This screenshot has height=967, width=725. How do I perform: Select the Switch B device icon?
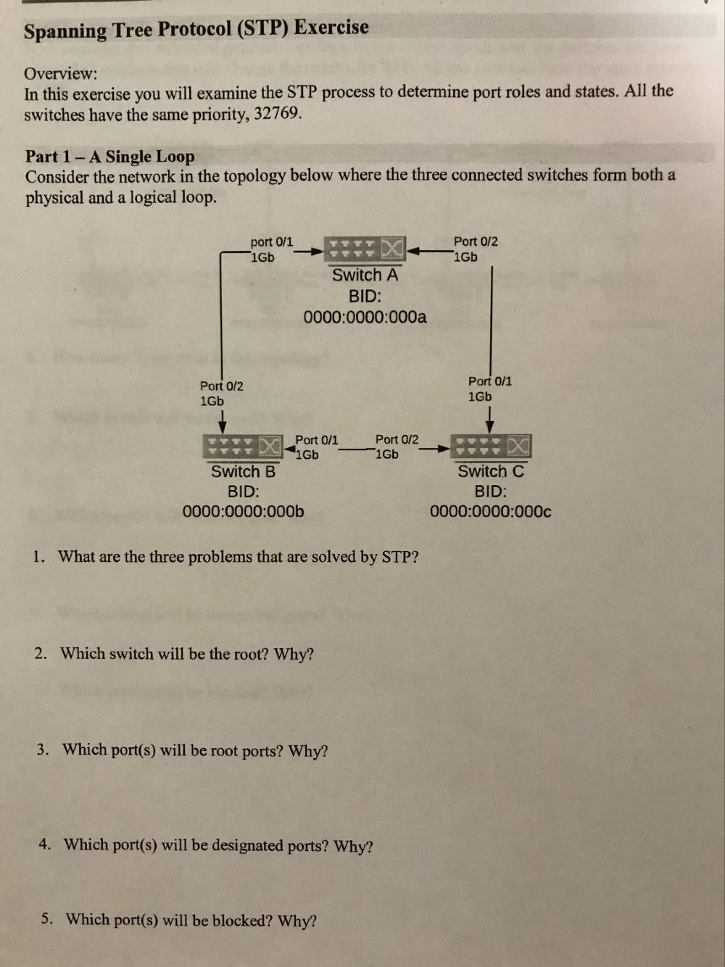pos(243,447)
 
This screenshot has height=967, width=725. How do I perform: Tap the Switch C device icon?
pos(491,447)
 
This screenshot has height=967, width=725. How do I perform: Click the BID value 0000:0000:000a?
pos(365,317)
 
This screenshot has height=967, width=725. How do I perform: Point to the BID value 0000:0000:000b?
pos(243,512)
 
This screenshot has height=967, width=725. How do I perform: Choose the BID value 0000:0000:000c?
pos(490,512)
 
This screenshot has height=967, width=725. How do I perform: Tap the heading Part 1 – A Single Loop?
pos(110,157)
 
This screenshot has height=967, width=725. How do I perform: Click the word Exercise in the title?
pos(331,28)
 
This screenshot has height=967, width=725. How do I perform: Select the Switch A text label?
pos(365,275)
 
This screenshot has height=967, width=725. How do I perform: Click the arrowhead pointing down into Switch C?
pos(491,425)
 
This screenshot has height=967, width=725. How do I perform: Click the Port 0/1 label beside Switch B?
pos(316,440)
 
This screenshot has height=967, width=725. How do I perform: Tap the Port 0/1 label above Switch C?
pos(489,381)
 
